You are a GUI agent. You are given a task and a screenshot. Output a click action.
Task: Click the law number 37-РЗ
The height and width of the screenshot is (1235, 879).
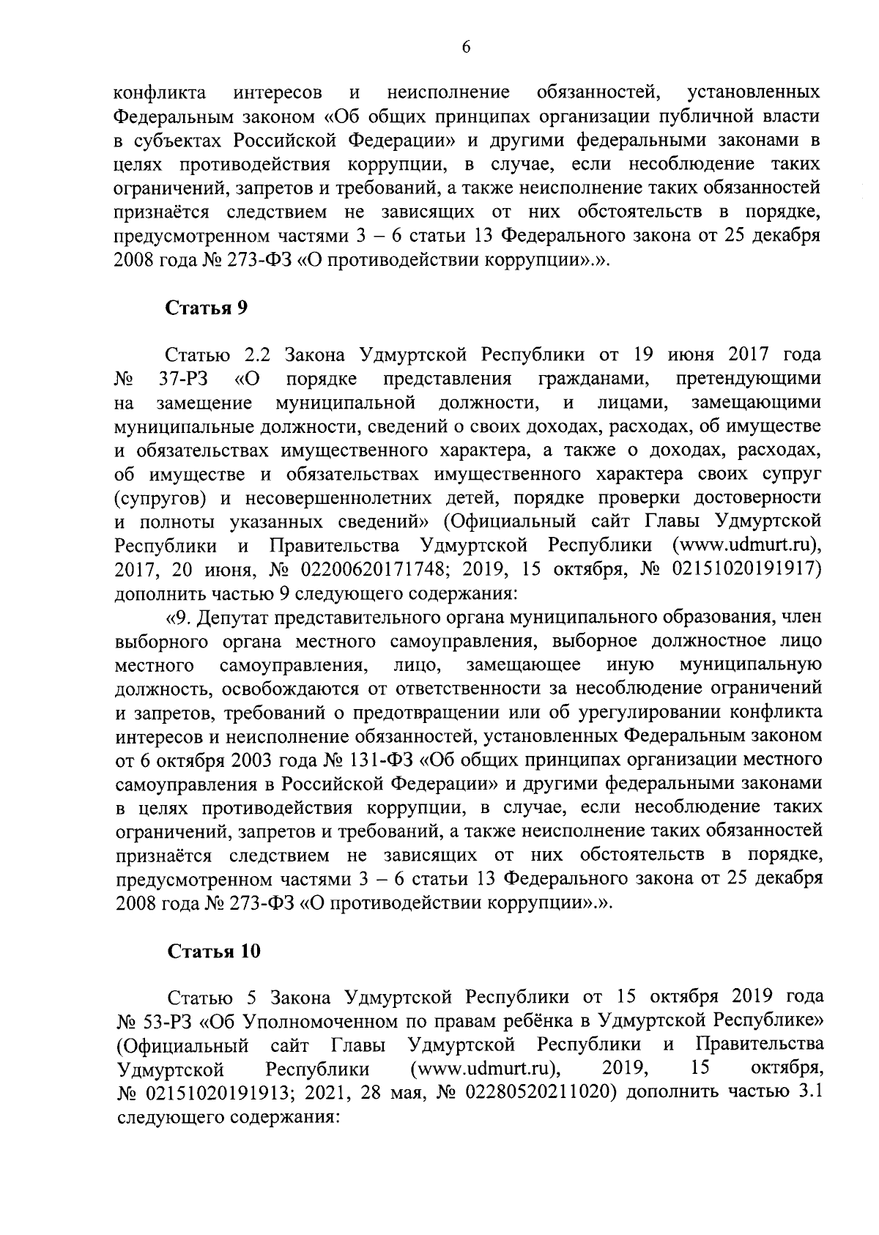[x=183, y=379]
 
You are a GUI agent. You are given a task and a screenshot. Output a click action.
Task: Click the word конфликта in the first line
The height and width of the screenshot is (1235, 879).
[x=160, y=93]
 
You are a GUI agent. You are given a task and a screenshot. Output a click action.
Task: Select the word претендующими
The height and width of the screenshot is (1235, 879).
[x=747, y=379]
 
